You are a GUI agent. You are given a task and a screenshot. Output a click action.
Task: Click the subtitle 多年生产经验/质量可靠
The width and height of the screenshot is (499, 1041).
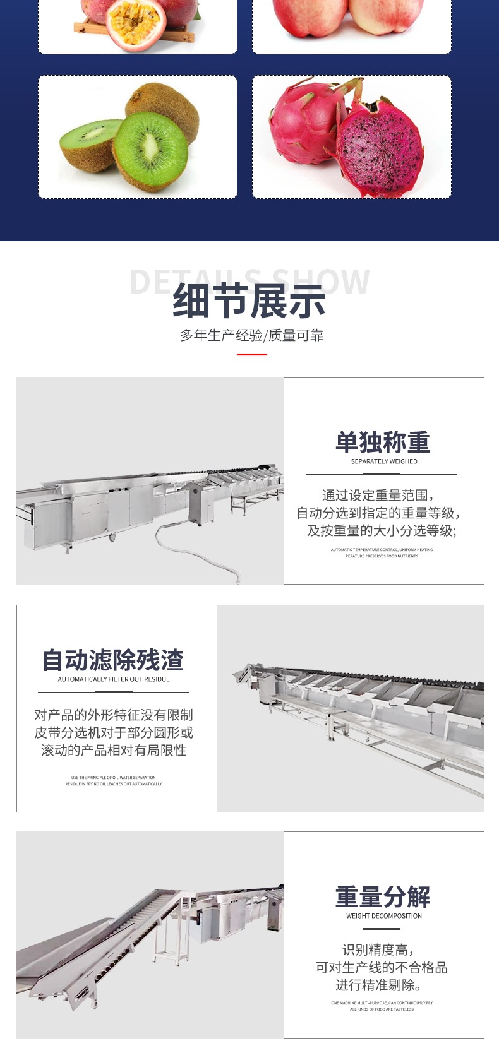point(251,335)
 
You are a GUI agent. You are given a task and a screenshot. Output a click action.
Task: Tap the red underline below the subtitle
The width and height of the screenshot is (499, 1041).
point(251,354)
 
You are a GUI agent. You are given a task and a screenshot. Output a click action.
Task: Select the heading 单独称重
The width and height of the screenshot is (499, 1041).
point(383,442)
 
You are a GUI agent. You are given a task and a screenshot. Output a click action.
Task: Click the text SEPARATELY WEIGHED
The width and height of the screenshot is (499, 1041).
point(383,461)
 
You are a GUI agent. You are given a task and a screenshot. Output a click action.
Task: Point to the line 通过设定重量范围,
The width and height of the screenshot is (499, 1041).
point(378,495)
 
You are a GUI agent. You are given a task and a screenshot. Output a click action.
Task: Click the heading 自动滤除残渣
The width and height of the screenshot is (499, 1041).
point(113,660)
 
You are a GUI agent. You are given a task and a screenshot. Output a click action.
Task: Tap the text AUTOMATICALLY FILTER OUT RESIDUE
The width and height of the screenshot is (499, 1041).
point(114,679)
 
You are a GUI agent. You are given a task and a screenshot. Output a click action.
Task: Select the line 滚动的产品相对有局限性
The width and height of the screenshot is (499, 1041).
point(114,750)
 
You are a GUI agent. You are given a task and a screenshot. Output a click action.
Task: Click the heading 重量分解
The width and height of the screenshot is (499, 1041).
point(383,896)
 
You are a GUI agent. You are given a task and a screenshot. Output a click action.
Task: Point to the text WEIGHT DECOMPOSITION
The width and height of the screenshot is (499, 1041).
point(383,916)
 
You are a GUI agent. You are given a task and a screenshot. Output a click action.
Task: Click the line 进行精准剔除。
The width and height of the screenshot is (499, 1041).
point(378,985)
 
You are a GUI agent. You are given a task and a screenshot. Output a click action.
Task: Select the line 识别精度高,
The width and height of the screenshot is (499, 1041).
point(378,949)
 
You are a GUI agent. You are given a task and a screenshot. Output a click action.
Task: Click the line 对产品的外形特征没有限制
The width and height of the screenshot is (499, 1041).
point(114,715)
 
